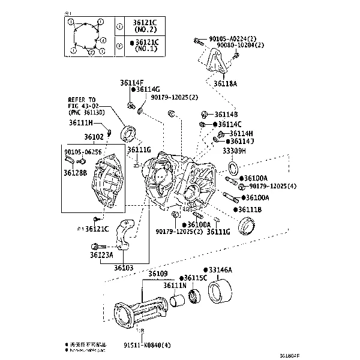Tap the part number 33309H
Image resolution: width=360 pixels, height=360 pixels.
[x=235, y=152]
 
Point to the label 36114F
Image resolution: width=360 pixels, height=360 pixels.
[x=131, y=83]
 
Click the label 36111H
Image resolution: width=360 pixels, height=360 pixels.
[x=80, y=123]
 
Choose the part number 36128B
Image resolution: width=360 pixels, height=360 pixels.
[x=76, y=173]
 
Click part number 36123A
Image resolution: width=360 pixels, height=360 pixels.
[x=102, y=255]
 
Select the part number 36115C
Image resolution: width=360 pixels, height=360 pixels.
[x=194, y=278]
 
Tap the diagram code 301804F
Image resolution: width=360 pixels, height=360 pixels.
[x=342, y=354]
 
